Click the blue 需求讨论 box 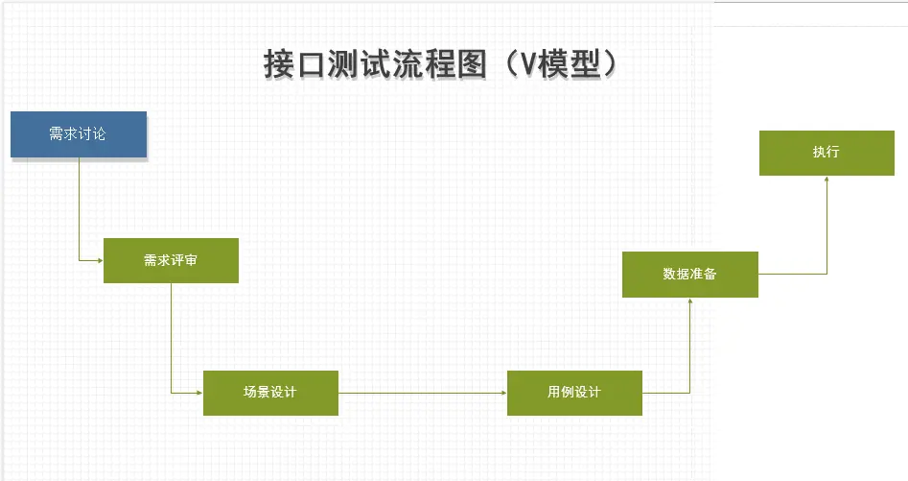78,134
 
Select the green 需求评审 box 171,260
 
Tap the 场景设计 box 270,393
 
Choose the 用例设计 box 574,393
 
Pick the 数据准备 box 689,275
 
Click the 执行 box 827,154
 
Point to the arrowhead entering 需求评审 100,260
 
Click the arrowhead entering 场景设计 199,393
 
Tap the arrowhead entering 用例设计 503,393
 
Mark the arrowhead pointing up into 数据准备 689,301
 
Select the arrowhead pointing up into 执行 827,180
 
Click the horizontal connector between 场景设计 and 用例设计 422,393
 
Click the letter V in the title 520,65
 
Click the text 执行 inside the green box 827,153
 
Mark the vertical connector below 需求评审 171,336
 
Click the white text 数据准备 689,275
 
